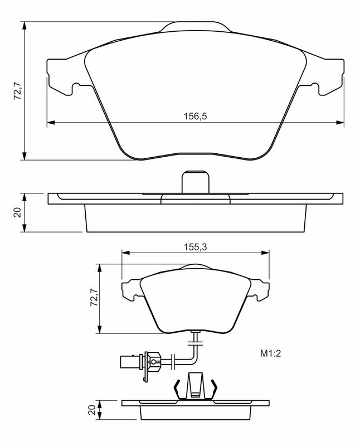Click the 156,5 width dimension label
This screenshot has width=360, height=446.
(195, 117)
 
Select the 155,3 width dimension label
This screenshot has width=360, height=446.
(195, 247)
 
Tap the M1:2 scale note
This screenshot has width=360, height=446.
(270, 353)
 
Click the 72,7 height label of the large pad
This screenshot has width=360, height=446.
(18, 90)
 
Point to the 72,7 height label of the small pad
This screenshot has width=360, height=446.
(94, 297)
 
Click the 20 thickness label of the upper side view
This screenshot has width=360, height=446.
(18, 212)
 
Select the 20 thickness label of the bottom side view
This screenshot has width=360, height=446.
(92, 410)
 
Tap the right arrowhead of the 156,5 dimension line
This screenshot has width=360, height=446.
(340, 122)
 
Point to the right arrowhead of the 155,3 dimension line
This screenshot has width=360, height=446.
(265, 253)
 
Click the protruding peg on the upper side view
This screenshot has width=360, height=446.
(196, 182)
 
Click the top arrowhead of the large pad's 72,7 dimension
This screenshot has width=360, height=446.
(25, 26)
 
